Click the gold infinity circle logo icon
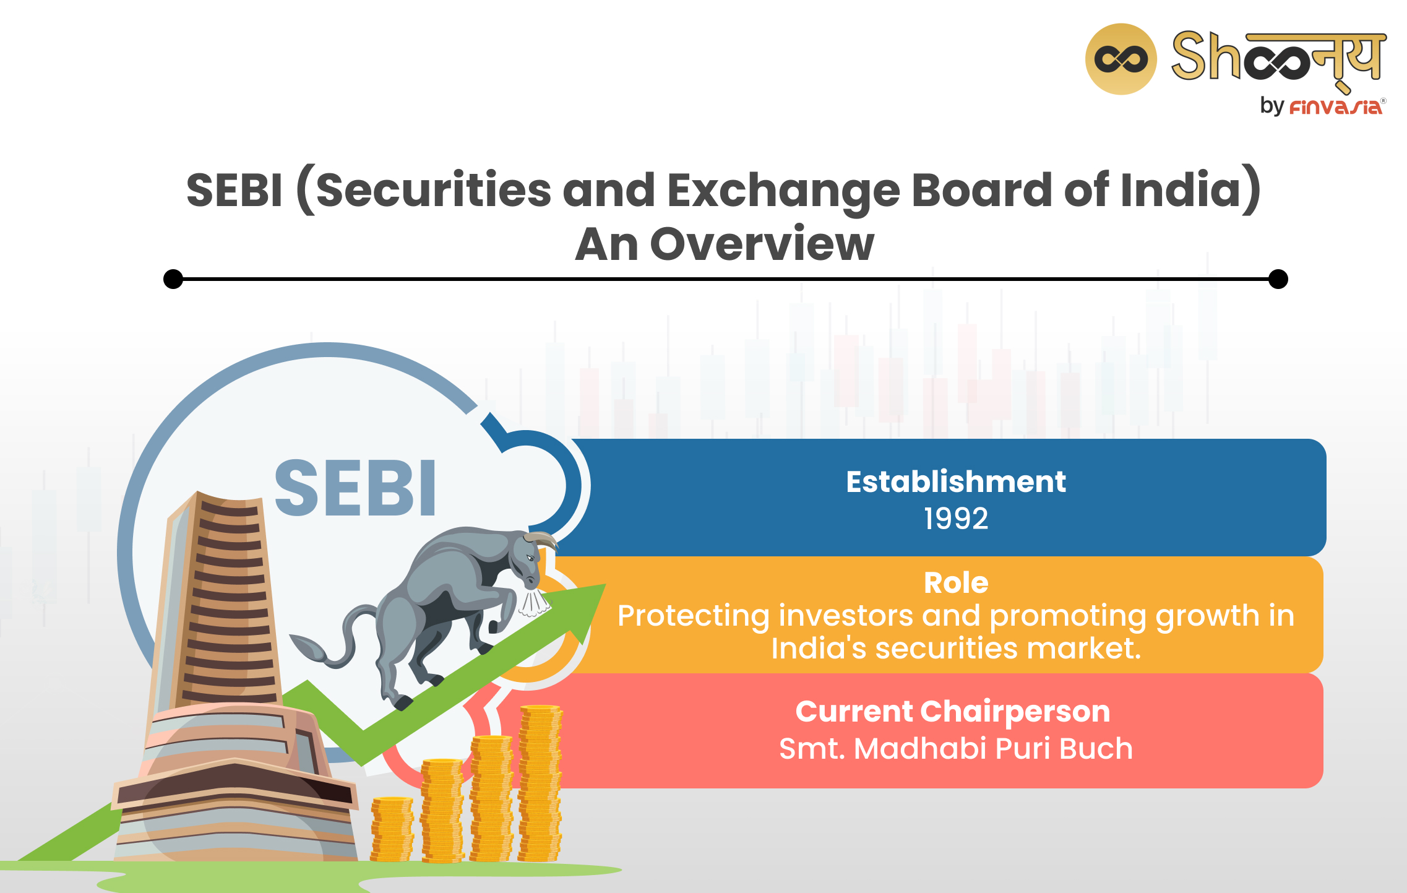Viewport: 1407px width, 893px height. (x=1121, y=59)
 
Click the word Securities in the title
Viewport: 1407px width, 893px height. (x=433, y=190)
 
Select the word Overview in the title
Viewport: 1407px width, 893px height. (x=762, y=244)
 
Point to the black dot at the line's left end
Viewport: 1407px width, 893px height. (x=173, y=279)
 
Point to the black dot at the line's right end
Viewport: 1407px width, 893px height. (x=1278, y=279)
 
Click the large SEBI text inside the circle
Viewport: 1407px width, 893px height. (x=355, y=488)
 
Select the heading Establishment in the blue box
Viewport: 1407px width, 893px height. (x=955, y=481)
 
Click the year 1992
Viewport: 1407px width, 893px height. (x=955, y=518)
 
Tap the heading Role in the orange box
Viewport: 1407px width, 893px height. (x=955, y=582)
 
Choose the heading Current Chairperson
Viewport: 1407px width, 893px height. (x=952, y=711)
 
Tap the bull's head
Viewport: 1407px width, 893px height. (x=529, y=560)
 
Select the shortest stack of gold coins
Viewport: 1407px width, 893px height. (x=392, y=829)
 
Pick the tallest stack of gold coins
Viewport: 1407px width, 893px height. (x=540, y=783)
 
